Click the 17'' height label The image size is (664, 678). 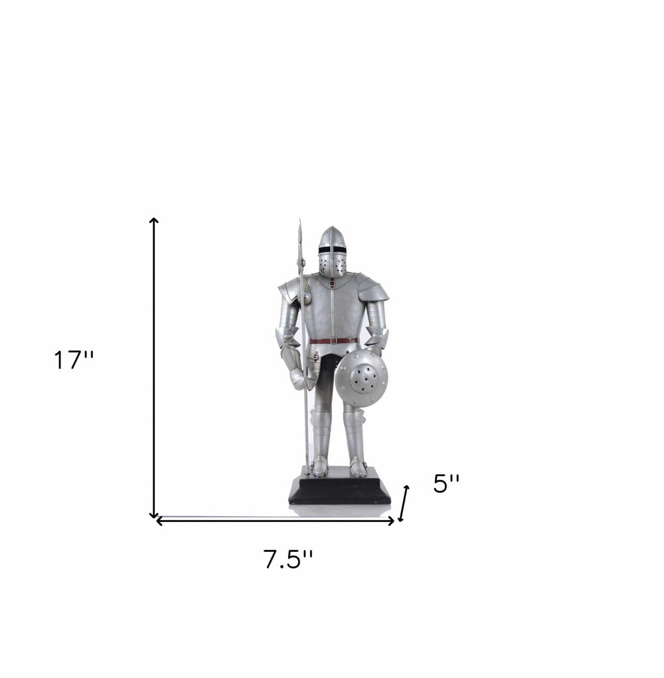point(74,361)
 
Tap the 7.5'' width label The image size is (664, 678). point(288,559)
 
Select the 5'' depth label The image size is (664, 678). point(446,483)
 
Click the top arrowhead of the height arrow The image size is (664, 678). point(154,221)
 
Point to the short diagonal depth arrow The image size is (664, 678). point(404,503)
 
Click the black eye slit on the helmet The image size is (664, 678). point(332,249)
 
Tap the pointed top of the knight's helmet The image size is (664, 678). point(331,229)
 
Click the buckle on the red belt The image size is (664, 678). point(334,340)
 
